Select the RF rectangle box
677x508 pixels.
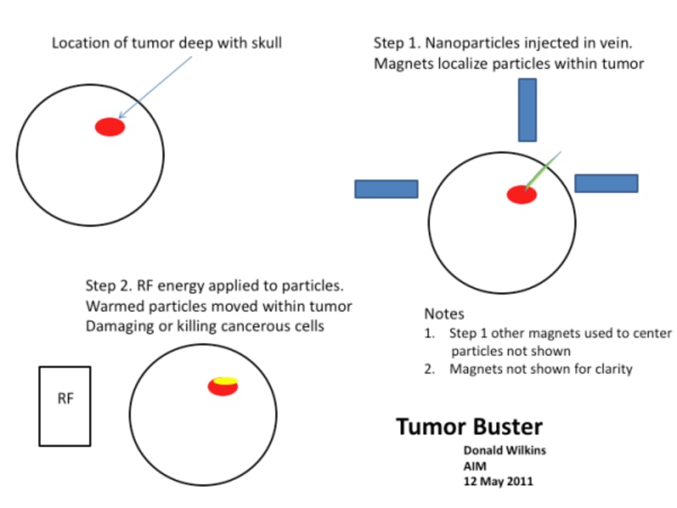pyautogui.click(x=64, y=406)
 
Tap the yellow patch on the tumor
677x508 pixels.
pyautogui.click(x=224, y=381)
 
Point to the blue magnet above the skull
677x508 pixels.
pyautogui.click(x=527, y=109)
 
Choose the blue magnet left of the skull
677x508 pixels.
pyautogui.click(x=386, y=189)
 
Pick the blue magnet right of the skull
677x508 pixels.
pyautogui.click(x=606, y=183)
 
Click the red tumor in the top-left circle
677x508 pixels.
pyautogui.click(x=110, y=127)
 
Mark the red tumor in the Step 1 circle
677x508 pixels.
pyautogui.click(x=521, y=195)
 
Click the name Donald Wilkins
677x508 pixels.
pyautogui.click(x=504, y=450)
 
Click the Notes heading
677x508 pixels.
pyautogui.click(x=444, y=313)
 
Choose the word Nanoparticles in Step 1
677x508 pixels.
pyautogui.click(x=471, y=42)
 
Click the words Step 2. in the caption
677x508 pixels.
pyautogui.click(x=108, y=286)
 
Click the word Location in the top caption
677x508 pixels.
pyautogui.click(x=79, y=42)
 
